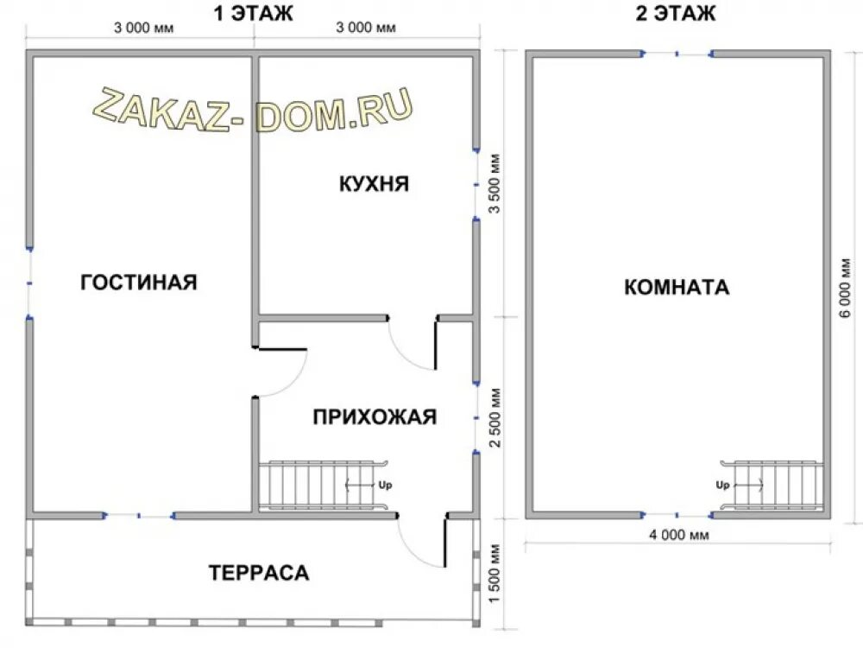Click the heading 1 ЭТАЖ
[x=253, y=13]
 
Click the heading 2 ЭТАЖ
[x=676, y=13]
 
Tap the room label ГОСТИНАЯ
[x=139, y=283]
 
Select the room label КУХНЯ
[x=375, y=183]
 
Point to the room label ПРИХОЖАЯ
[x=375, y=417]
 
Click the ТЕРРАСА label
[x=259, y=573]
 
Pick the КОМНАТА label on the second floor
[x=677, y=287]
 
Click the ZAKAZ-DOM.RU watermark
[x=253, y=111]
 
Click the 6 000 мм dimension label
[x=846, y=288]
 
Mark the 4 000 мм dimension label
[x=679, y=535]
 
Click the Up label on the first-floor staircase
[x=385, y=485]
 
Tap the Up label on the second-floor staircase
[x=722, y=485]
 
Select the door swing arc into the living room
[x=293, y=383]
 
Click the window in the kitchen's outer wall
[x=476, y=185]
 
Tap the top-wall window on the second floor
[x=677, y=54]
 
